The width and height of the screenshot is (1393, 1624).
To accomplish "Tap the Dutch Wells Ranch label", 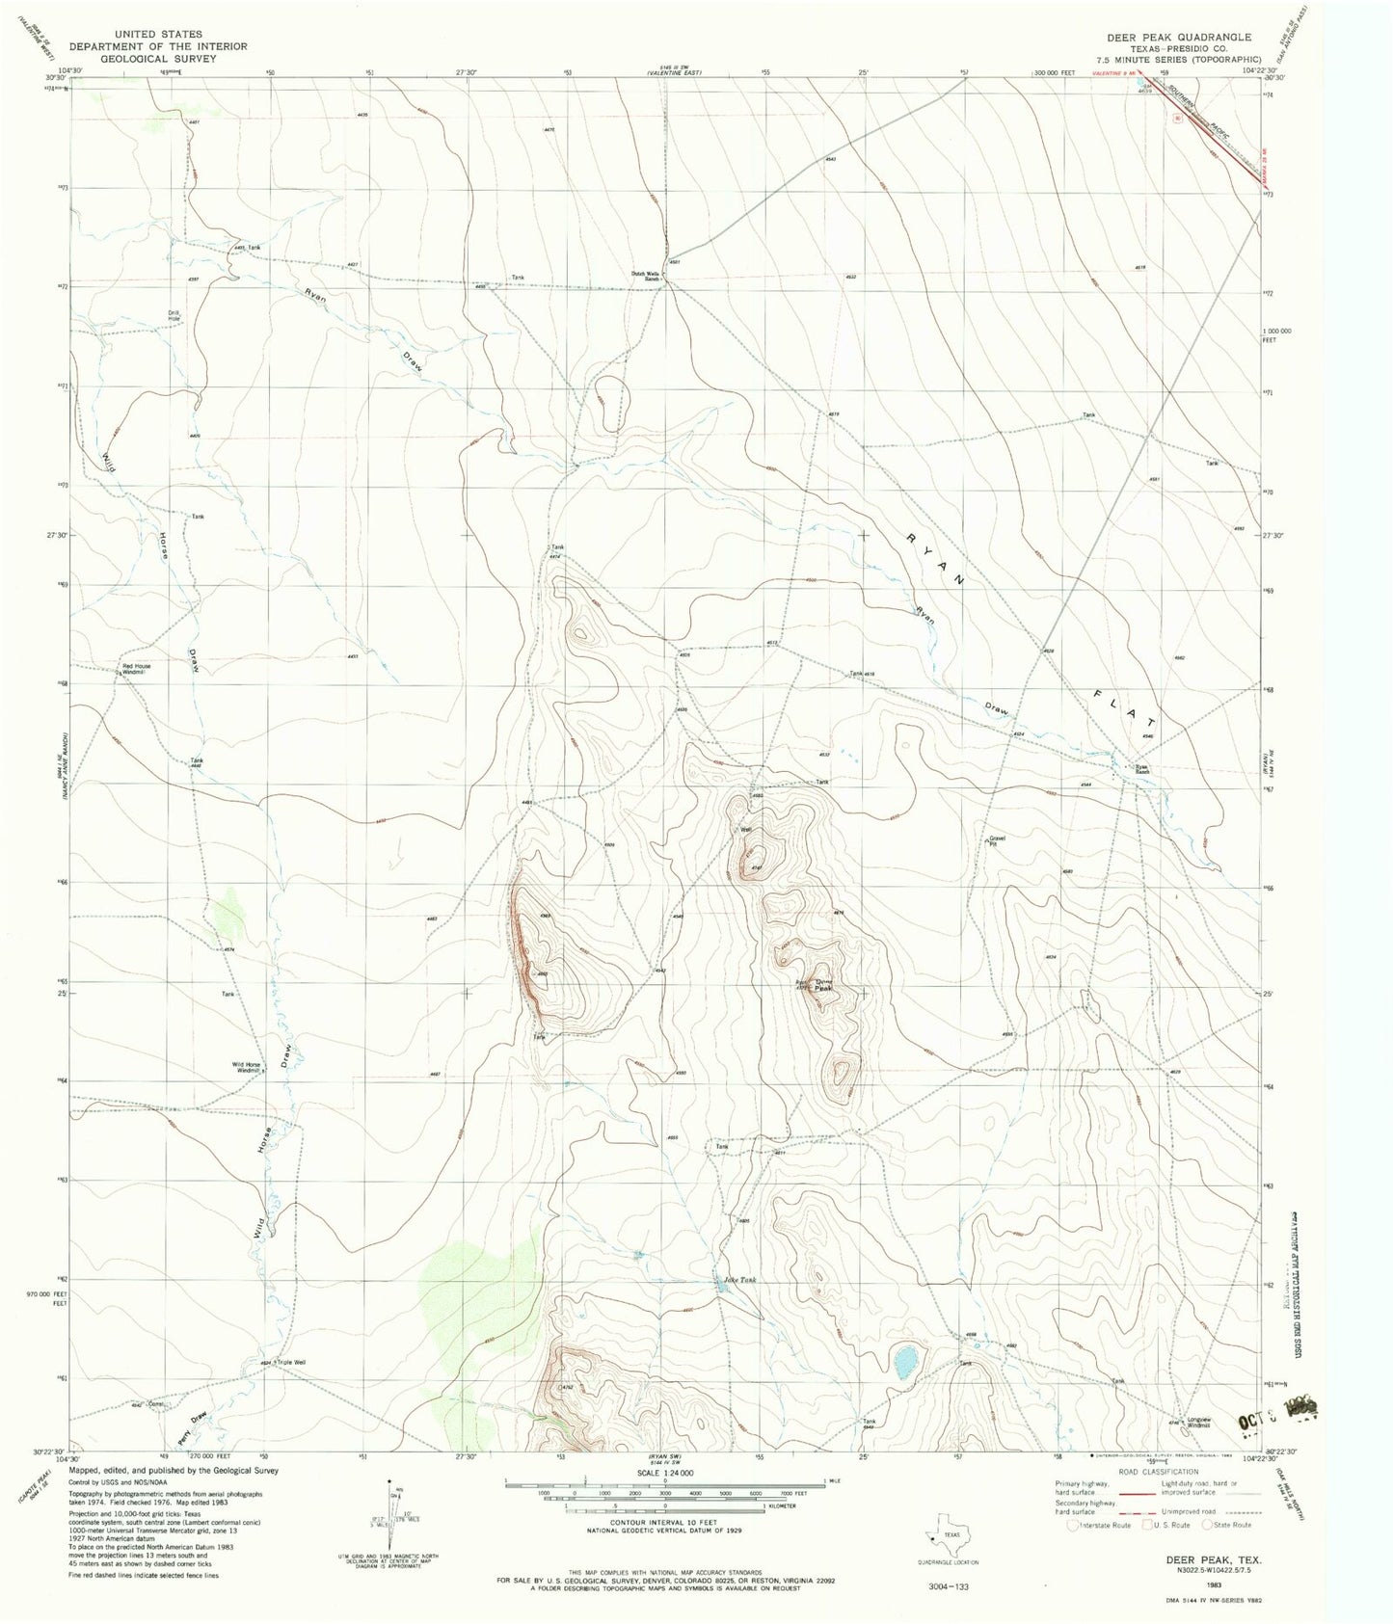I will pos(645,276).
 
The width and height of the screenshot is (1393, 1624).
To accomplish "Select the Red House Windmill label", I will pos(136,668).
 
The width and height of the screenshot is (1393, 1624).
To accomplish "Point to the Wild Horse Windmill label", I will pos(246,1066).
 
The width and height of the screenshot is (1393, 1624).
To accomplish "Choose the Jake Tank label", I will pos(740,1280).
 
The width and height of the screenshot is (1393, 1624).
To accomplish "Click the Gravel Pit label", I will pos(997,840).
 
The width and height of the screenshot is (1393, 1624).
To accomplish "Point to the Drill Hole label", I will pos(174,315).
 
